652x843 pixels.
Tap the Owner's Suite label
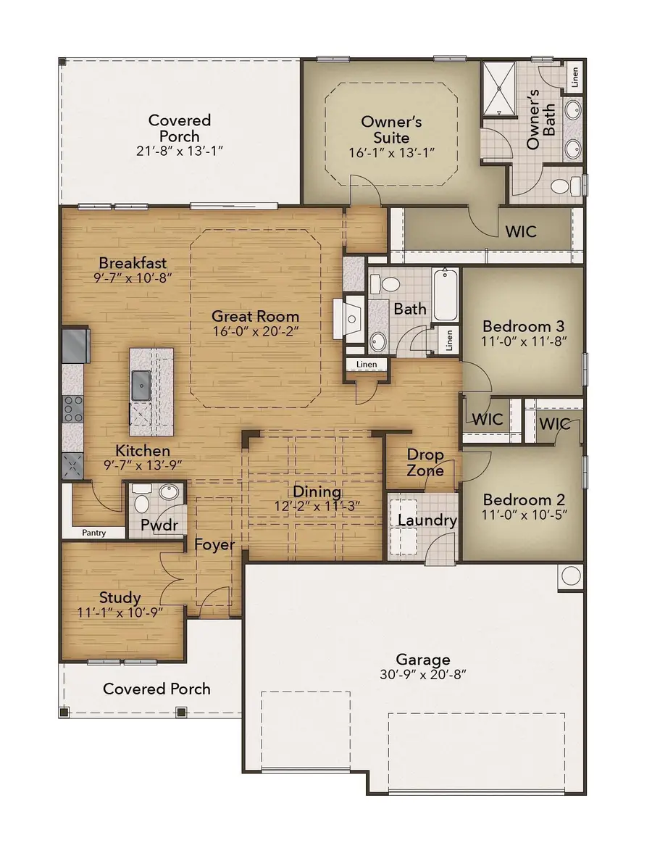click(391, 129)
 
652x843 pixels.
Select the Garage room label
click(422, 659)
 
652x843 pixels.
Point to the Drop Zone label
click(425, 462)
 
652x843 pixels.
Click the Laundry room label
click(427, 520)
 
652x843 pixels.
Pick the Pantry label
click(93, 533)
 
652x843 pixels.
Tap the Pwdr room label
click(159, 525)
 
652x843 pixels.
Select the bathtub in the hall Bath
click(445, 294)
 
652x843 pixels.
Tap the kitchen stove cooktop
click(74, 410)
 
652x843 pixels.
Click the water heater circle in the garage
click(569, 576)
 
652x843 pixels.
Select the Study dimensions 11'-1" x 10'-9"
click(120, 612)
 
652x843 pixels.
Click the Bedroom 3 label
click(523, 325)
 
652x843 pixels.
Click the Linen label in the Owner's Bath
click(574, 76)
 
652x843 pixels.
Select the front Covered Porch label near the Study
click(156, 688)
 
